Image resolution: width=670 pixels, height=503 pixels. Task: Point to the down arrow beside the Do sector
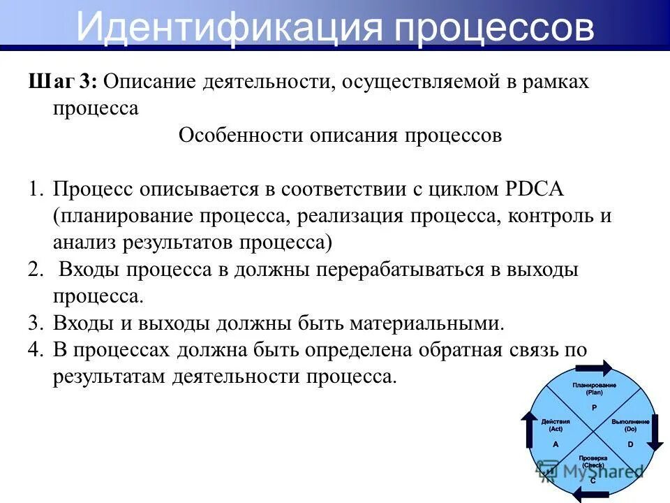tap(657, 433)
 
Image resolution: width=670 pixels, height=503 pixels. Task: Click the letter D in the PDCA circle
tap(630, 444)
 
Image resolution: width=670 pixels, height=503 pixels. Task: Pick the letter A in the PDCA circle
tap(556, 444)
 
